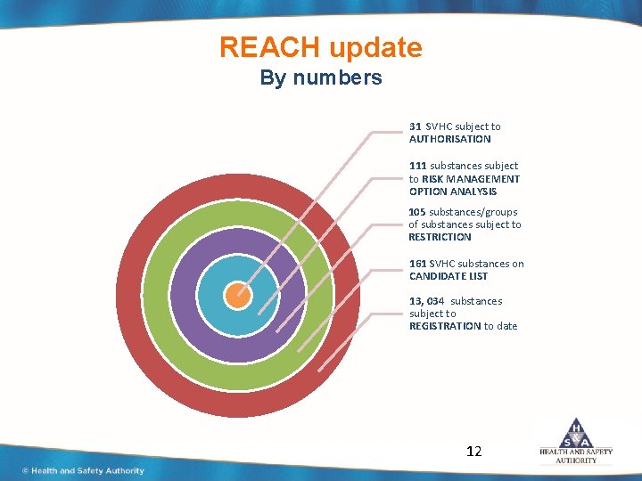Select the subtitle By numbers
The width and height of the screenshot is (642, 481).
click(x=320, y=77)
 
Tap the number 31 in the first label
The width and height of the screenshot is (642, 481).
click(x=416, y=126)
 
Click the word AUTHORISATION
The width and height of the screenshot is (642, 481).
click(x=449, y=139)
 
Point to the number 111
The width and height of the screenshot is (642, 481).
click(x=417, y=166)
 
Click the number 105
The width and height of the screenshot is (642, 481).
click(x=417, y=212)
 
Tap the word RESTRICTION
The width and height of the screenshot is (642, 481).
click(x=440, y=237)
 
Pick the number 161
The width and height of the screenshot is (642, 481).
click(x=417, y=264)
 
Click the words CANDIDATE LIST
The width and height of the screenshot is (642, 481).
click(x=449, y=276)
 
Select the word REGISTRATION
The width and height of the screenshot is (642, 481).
click(x=445, y=326)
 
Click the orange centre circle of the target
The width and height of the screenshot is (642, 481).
click(x=237, y=295)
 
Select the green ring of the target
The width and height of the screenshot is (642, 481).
click(x=156, y=295)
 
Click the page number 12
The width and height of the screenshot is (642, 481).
click(x=473, y=452)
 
